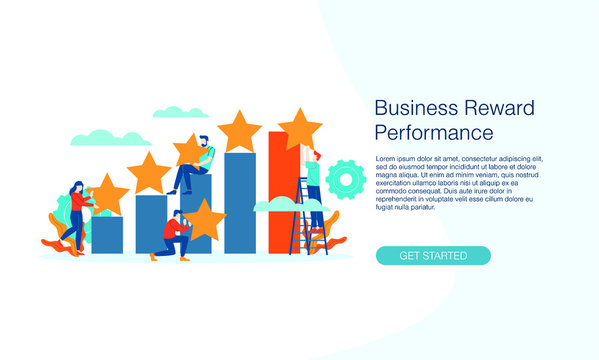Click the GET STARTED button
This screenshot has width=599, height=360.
(x=433, y=255)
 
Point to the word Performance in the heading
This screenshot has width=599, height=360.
(x=434, y=132)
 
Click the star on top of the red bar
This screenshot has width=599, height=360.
(x=299, y=128)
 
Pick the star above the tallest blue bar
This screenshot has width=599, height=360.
(x=239, y=130)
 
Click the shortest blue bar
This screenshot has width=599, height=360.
(x=108, y=234)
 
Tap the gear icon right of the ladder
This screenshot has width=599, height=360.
(x=346, y=179)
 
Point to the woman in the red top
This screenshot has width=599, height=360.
(x=75, y=214)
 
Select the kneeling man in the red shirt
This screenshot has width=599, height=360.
(x=174, y=236)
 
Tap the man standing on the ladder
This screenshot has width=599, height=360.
(x=313, y=185)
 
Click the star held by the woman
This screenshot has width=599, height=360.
(x=108, y=194)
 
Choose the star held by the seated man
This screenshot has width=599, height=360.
(x=192, y=150)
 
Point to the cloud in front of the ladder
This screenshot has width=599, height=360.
(x=278, y=204)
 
